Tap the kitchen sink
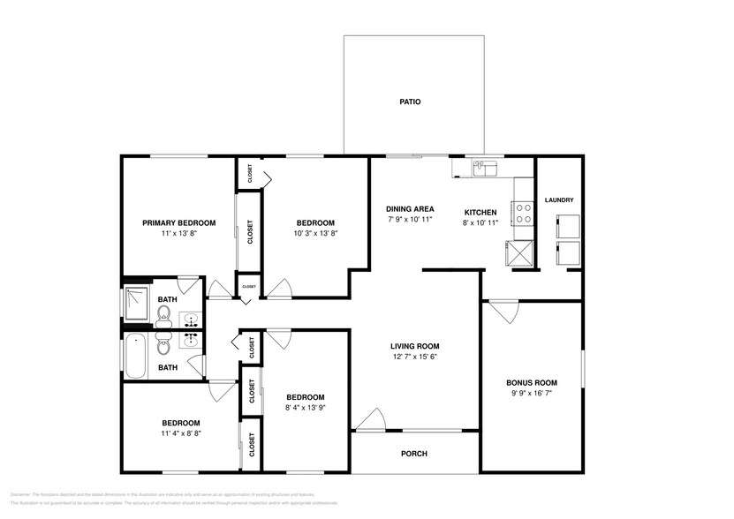click(484, 167)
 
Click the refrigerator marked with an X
click(520, 252)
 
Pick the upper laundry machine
click(566, 226)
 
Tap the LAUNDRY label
click(559, 200)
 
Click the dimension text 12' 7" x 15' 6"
click(415, 357)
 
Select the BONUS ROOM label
click(531, 382)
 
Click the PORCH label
click(414, 454)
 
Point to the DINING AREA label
click(410, 209)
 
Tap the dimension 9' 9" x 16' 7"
click(531, 394)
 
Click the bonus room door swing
click(504, 312)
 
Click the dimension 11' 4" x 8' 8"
click(180, 434)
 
